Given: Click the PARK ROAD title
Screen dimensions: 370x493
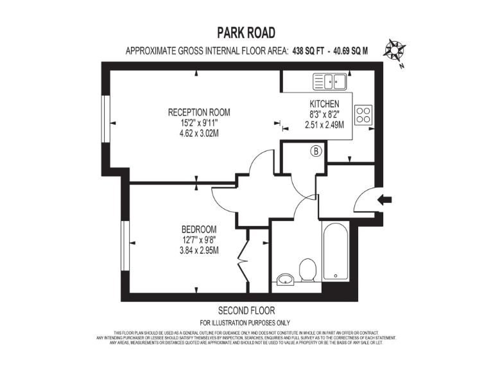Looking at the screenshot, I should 247,33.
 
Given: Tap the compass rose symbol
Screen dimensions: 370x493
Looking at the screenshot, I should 393,49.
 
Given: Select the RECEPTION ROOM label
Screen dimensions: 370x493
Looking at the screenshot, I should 198,112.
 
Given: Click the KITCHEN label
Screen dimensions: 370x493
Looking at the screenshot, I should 324,104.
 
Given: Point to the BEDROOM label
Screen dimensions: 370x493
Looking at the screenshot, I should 198,229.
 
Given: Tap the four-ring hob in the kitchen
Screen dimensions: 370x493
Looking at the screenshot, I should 364,114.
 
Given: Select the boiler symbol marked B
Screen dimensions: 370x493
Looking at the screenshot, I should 316,152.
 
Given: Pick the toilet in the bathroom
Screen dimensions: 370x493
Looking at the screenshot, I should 306,269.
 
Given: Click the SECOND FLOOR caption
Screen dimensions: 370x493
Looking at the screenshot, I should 246,309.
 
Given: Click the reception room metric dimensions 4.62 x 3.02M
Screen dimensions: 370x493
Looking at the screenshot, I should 198,134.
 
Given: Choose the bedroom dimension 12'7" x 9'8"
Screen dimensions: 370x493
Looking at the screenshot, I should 198,240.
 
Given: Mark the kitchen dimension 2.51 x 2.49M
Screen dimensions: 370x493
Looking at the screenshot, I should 324,125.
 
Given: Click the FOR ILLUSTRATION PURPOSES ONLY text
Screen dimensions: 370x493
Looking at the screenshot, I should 246,322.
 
